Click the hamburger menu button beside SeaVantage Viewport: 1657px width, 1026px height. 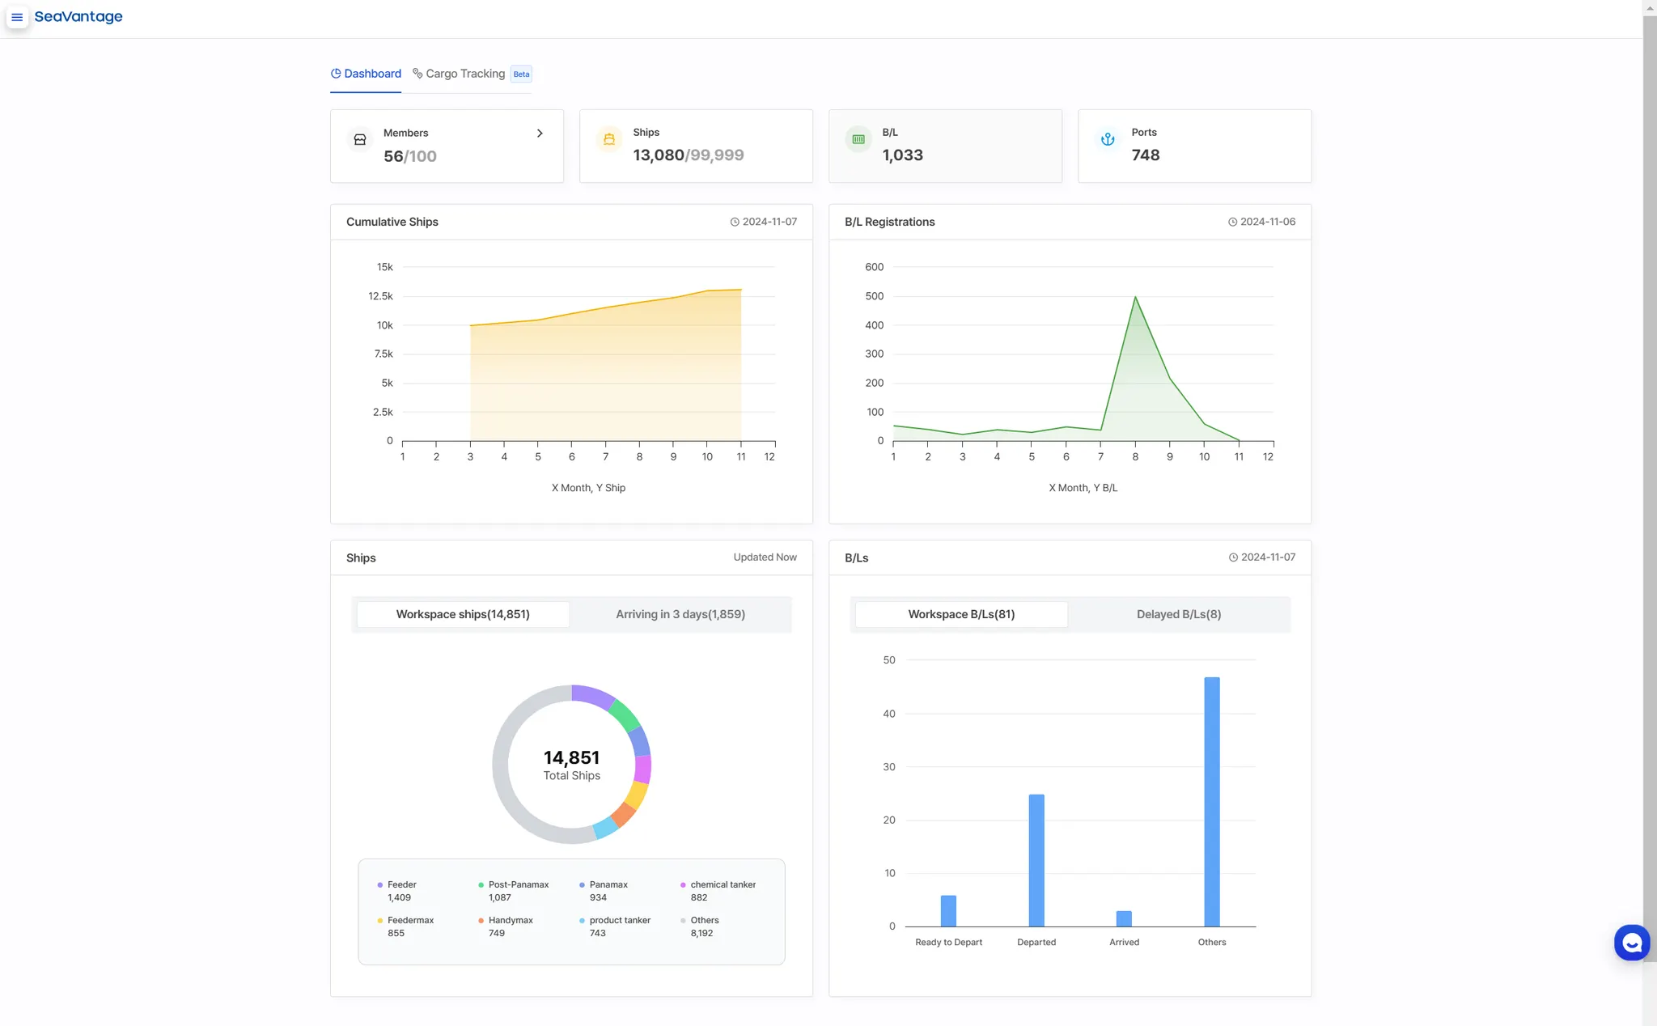coord(17,17)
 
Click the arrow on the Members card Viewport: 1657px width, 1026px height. coord(540,134)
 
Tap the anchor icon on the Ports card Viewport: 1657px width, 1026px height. coord(1108,139)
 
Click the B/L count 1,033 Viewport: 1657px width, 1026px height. coord(902,155)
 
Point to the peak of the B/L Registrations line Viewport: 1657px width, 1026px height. coord(1135,297)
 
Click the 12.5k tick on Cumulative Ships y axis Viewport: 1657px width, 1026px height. coord(380,296)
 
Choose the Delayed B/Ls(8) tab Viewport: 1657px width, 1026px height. coord(1178,614)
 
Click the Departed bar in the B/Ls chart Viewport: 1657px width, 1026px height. coord(1036,859)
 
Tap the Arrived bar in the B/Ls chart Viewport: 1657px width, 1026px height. coord(1124,918)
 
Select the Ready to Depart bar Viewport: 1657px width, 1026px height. coord(948,910)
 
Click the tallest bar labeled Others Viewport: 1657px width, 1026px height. coord(1211,801)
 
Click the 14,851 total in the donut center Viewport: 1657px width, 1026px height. coord(571,757)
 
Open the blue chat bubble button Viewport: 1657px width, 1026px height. coord(1631,943)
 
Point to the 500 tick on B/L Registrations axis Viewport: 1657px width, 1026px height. coord(874,296)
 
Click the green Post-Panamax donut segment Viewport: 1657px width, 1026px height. coord(624,714)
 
